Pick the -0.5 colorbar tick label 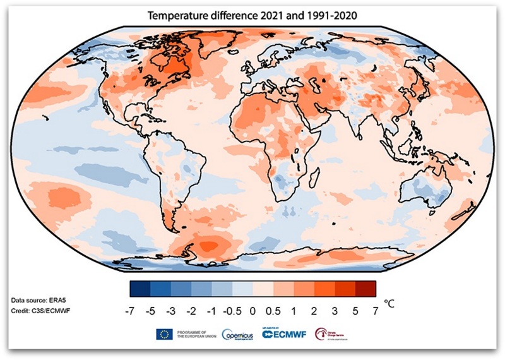point(232,311)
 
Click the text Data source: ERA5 point(37,297)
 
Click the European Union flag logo point(164,334)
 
